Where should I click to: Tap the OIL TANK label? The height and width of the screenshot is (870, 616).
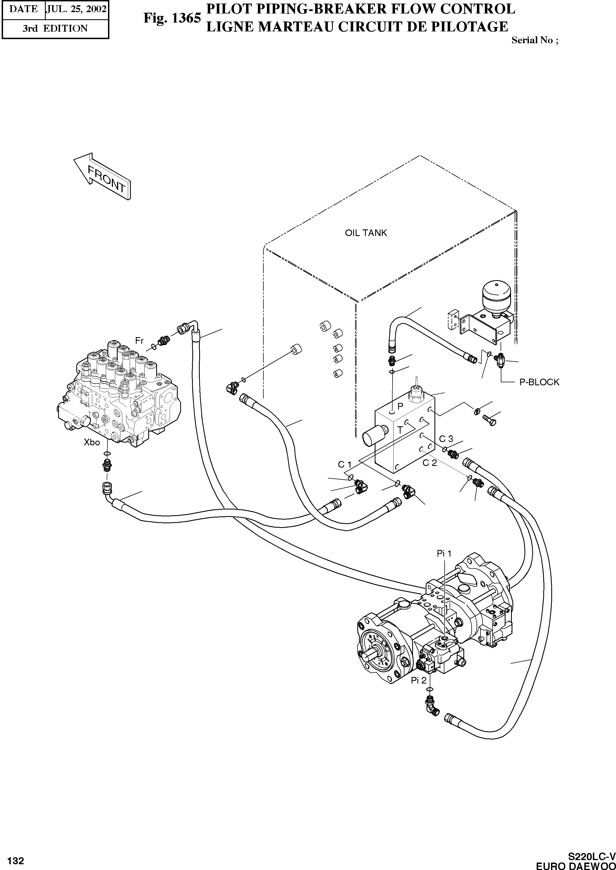pyautogui.click(x=366, y=233)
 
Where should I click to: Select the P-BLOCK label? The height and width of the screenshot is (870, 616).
pyautogui.click(x=539, y=382)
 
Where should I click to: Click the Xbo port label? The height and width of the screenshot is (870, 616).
pyautogui.click(x=92, y=442)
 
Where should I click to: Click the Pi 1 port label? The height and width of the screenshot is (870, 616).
pyautogui.click(x=444, y=554)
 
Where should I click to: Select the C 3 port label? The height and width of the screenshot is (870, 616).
pyautogui.click(x=446, y=439)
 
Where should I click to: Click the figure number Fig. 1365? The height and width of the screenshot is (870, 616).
pyautogui.click(x=172, y=18)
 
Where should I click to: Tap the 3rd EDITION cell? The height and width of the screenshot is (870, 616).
pyautogui.click(x=55, y=28)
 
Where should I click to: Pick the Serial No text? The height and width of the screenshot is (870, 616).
pyautogui.click(x=534, y=40)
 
